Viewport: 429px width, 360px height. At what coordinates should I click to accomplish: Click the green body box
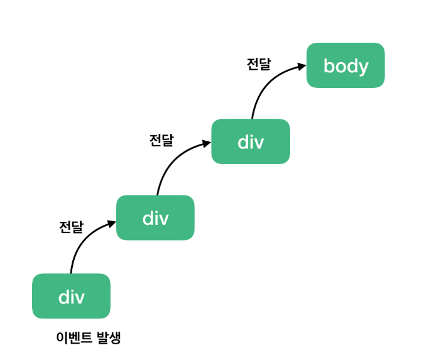pos(345,65)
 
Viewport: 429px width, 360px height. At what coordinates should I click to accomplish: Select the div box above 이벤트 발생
pos(71,296)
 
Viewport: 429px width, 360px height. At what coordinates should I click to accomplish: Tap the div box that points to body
pos(251,141)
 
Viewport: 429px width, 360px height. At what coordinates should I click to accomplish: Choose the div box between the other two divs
pos(155,217)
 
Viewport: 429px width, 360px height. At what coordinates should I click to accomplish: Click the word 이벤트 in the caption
pos(74,337)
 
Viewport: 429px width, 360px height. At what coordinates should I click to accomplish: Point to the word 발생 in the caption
pos(109,337)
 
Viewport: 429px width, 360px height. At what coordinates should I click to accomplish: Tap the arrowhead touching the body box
pos(302,67)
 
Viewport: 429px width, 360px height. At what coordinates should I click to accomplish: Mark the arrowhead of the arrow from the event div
pos(112,224)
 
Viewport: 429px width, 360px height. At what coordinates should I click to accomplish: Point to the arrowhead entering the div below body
pos(207,143)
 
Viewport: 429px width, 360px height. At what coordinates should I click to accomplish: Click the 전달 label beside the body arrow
pos(259,64)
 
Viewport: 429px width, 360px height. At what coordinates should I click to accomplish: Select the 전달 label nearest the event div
pos(71,227)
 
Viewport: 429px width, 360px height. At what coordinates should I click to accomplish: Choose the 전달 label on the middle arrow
pos(161,140)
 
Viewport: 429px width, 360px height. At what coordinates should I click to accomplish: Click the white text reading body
pos(346,67)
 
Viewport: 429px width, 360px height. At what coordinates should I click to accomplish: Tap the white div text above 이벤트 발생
pos(72,297)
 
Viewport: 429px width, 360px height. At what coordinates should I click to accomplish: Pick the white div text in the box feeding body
pos(251,142)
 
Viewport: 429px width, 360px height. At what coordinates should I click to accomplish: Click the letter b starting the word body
pos(329,66)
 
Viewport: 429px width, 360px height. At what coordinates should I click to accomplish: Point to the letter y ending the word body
pos(363,68)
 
